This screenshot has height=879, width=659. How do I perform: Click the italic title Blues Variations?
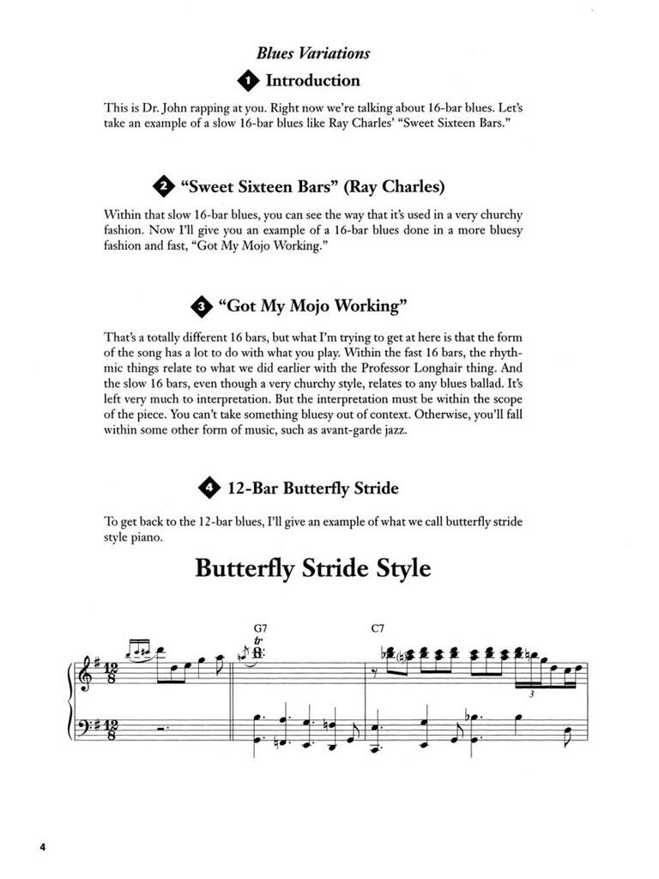[x=313, y=53]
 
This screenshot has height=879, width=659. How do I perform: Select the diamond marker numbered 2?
[x=161, y=186]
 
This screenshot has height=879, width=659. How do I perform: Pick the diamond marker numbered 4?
[x=209, y=488]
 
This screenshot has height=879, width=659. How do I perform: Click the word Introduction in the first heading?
[x=313, y=81]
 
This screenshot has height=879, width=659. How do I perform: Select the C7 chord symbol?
[x=379, y=628]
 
